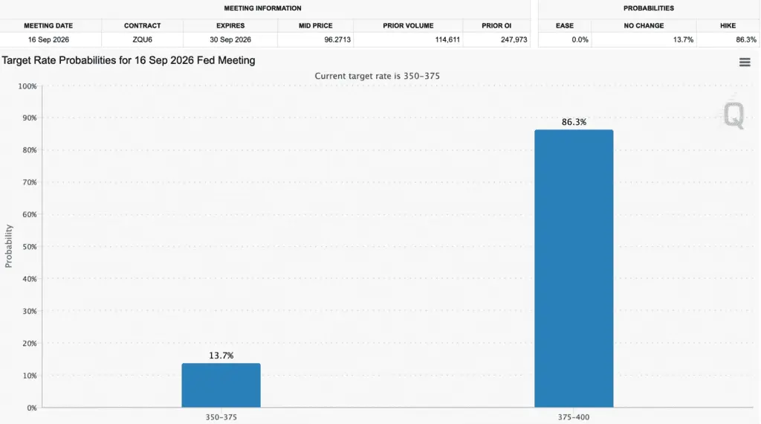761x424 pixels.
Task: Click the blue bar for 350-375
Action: tap(221, 385)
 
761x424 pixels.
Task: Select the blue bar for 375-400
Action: tap(574, 269)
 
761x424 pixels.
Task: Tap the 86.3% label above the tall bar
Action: tap(574, 122)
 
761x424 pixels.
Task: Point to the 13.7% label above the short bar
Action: tap(221, 356)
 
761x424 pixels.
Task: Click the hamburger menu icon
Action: tap(745, 62)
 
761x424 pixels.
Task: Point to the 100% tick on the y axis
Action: tap(27, 86)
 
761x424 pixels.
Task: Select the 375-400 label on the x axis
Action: tap(573, 417)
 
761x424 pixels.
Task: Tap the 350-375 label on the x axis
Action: tap(221, 417)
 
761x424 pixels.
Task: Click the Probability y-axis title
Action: tap(8, 246)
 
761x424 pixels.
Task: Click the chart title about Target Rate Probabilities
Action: tap(129, 61)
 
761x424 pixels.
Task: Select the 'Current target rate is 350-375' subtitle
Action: tap(377, 77)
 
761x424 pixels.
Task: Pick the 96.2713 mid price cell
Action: tap(337, 40)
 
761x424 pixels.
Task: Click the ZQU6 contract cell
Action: tap(142, 40)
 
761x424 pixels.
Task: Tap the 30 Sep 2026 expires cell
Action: tap(230, 40)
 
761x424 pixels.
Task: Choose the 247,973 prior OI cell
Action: tap(514, 40)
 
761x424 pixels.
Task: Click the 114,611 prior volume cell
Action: tap(447, 40)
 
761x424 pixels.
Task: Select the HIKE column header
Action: tap(728, 26)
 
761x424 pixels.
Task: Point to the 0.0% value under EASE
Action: tap(580, 40)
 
